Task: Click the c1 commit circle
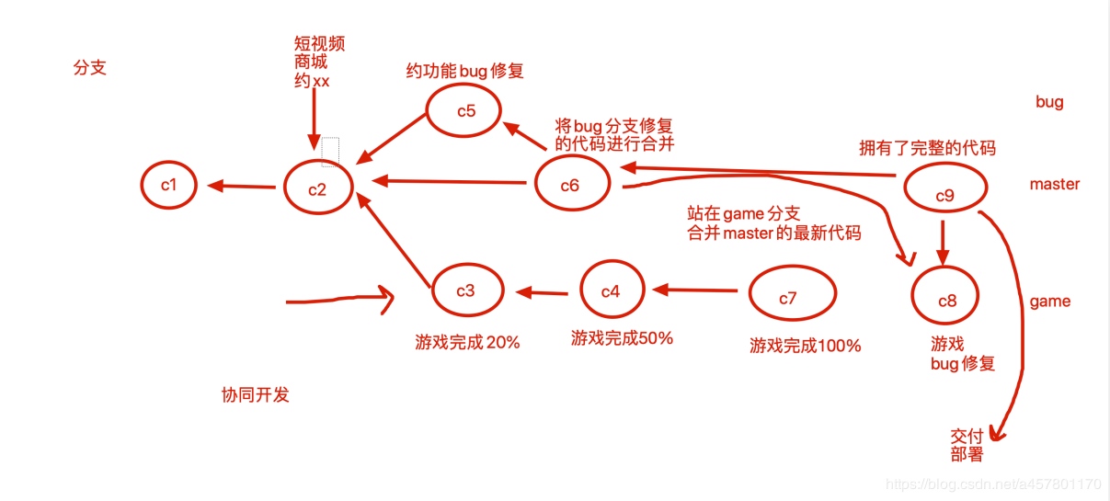tap(169, 185)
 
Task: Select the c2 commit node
tap(318, 188)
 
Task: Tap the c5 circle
tap(465, 111)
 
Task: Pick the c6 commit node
tap(570, 185)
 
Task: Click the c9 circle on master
tap(944, 194)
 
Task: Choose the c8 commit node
tap(945, 300)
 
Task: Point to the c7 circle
tap(790, 297)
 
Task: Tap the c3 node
tap(466, 290)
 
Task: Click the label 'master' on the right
tap(1054, 184)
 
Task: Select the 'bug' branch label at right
tap(1049, 102)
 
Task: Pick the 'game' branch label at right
tap(1049, 302)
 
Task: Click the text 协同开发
tap(256, 395)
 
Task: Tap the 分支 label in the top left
tap(90, 68)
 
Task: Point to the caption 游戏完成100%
tap(805, 347)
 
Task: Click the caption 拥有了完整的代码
tap(927, 148)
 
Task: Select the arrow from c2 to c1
tap(242, 187)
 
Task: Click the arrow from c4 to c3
tap(542, 293)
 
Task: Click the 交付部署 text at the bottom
tap(967, 445)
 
